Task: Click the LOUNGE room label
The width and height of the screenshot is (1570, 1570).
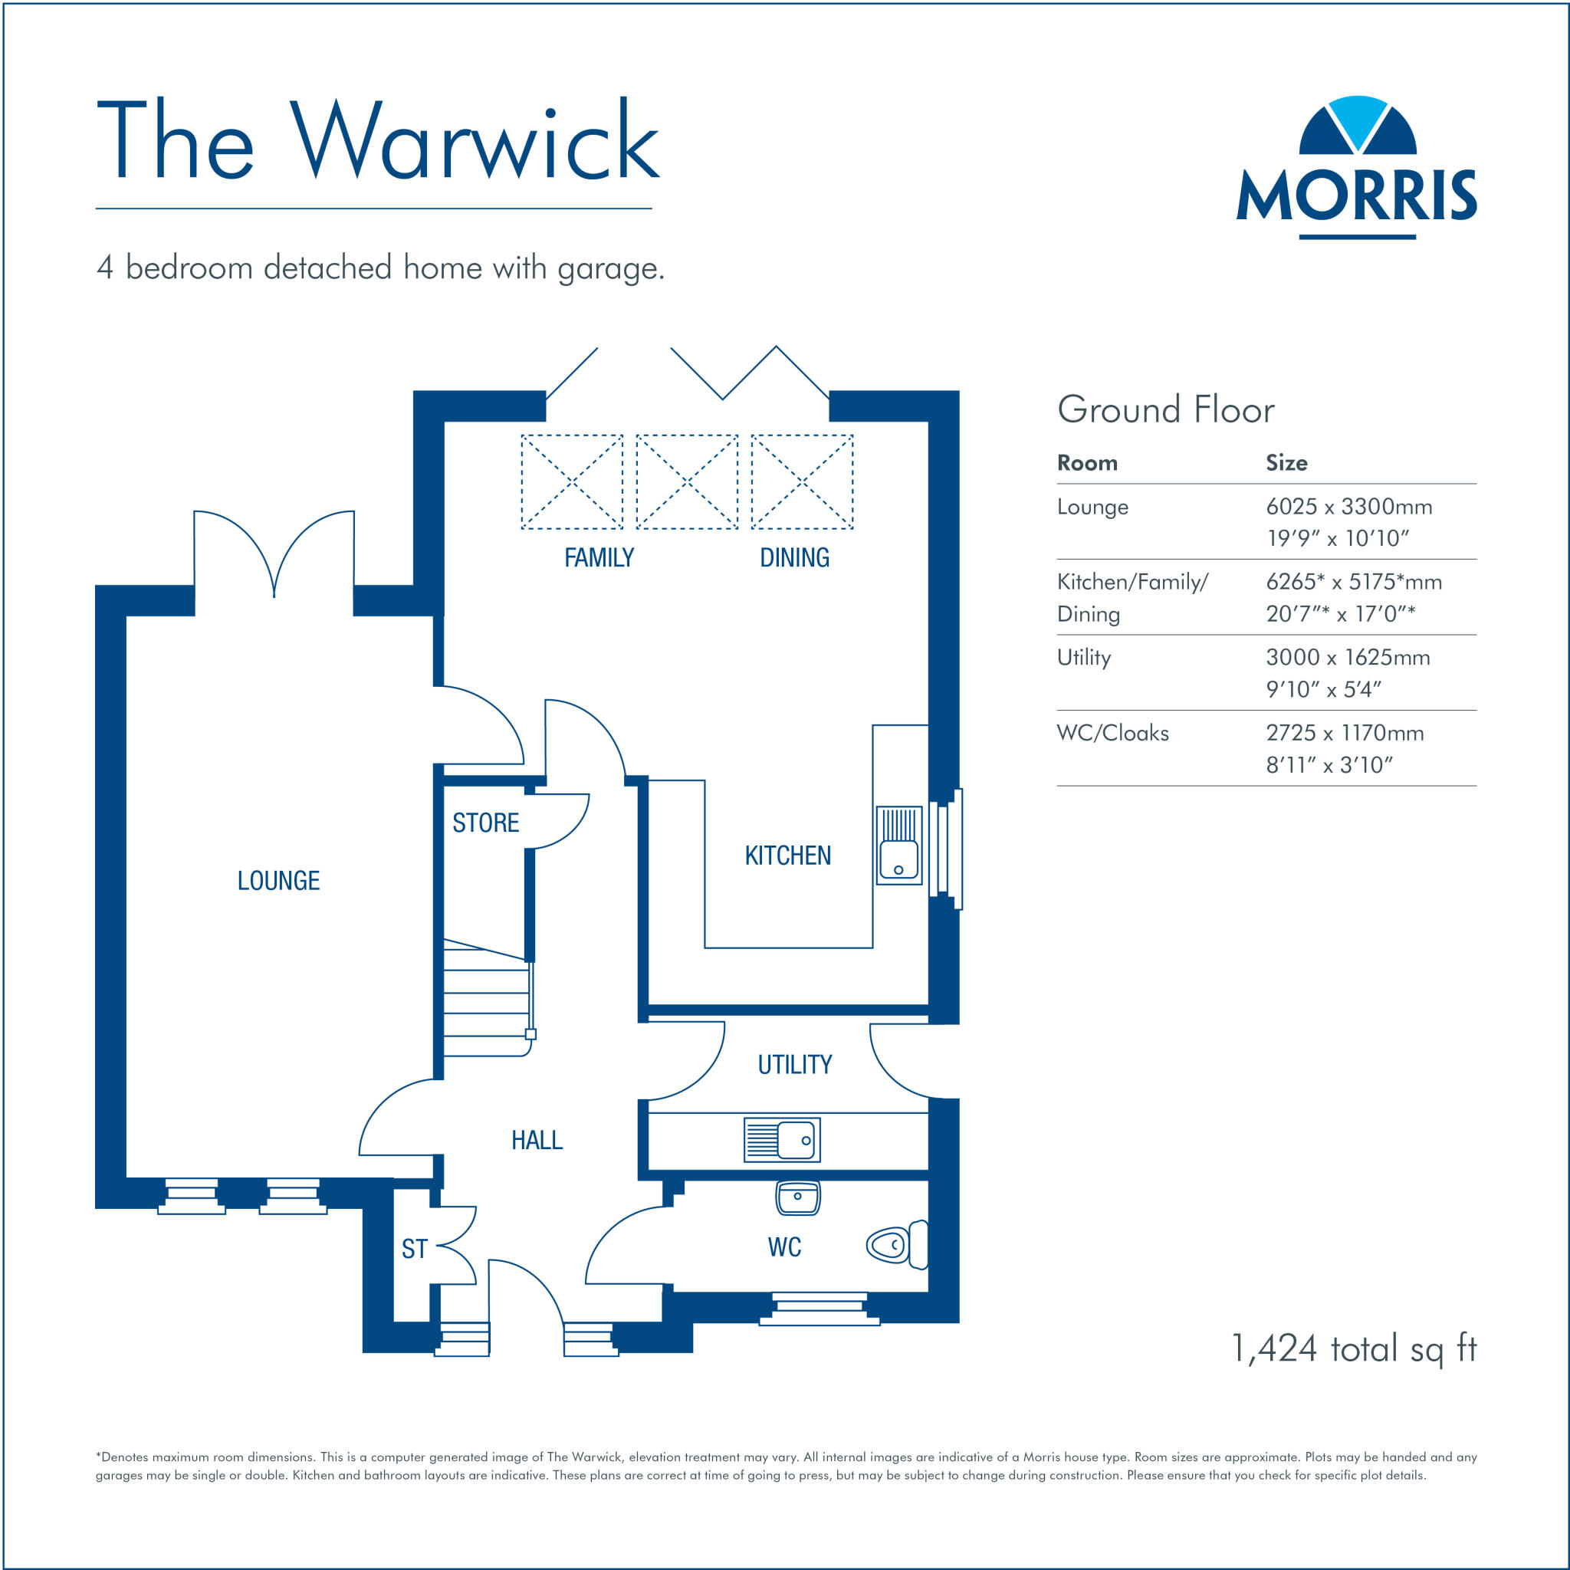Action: pos(279,881)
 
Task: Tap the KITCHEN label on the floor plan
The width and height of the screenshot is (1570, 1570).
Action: pos(787,856)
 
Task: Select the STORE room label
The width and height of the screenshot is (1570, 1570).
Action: pos(485,823)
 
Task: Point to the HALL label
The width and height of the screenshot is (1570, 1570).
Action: pos(537,1140)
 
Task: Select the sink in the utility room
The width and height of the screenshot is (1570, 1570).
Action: pos(782,1139)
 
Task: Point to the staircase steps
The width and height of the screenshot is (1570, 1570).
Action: pos(486,1003)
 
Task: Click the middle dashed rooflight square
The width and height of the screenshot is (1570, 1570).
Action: pos(687,482)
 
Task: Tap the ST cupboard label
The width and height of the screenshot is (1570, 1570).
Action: pos(415,1249)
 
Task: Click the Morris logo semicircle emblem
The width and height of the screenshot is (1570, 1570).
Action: pos(1357,126)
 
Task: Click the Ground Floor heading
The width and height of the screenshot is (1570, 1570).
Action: pos(1165,409)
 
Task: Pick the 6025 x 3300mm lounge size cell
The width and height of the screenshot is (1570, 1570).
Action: pos(1349,507)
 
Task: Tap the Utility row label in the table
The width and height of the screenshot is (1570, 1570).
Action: pos(1083,658)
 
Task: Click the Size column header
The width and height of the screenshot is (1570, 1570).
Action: pos(1286,463)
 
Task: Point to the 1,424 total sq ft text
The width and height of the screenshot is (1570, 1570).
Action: pos(1354,1349)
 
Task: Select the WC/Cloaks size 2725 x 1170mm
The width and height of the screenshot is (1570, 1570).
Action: pos(1345,733)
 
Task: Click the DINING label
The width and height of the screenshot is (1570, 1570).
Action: pos(794,557)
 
